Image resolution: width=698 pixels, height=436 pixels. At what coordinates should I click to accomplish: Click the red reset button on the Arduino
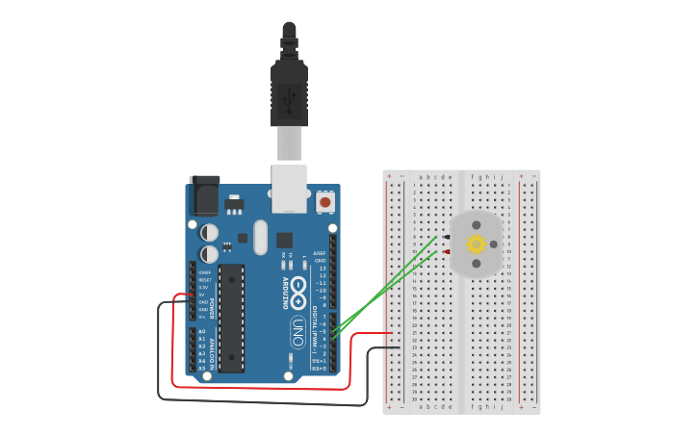coord(325,203)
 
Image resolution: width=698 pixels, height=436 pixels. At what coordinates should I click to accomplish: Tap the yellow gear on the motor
coord(477,244)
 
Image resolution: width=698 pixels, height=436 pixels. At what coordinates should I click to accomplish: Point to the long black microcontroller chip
coord(231,318)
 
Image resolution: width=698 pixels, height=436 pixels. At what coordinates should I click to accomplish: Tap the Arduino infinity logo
coord(298,288)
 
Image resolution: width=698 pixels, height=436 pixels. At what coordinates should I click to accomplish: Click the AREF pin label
coord(320,253)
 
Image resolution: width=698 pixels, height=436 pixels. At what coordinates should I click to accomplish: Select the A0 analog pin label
coord(202,330)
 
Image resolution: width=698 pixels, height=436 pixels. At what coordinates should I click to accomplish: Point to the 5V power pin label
coord(202,295)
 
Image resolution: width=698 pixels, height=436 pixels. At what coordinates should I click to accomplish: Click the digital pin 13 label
coord(321,268)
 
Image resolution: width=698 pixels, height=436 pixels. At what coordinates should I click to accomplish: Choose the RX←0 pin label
coord(319,369)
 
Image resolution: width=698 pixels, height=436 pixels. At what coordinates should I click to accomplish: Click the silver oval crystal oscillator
coord(259,237)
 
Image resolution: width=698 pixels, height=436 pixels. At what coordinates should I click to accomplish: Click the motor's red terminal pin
coord(446,252)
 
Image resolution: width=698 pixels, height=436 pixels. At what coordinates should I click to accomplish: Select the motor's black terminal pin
coord(446,237)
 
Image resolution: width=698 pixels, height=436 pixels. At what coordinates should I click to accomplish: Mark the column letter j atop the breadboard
coord(502,177)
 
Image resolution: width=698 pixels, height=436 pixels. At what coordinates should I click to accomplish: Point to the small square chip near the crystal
coord(284,240)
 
